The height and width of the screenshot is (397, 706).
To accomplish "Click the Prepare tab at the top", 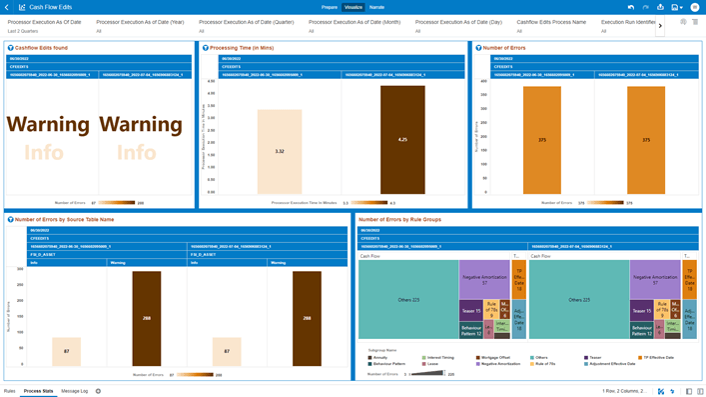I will [x=330, y=7].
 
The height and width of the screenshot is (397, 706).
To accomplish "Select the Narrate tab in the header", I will [x=376, y=7].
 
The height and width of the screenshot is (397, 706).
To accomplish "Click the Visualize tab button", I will [x=353, y=7].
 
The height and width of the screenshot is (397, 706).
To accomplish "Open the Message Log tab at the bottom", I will [x=74, y=391].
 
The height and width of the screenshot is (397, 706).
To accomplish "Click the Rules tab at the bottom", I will [x=9, y=391].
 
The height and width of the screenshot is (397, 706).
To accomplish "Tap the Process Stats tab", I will [x=38, y=391].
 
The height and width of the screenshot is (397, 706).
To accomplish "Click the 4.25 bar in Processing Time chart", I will [x=402, y=140].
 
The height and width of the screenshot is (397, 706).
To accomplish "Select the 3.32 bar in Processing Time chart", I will [x=280, y=152].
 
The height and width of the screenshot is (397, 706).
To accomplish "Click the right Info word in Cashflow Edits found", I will [x=137, y=152].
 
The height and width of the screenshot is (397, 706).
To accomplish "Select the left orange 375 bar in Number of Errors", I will [x=542, y=140].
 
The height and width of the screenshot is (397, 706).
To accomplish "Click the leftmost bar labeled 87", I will [x=67, y=351].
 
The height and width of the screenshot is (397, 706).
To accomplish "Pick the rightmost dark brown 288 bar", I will [x=307, y=318].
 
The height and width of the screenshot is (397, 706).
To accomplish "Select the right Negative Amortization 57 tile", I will [x=655, y=280].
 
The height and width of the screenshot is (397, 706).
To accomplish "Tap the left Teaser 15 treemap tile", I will [x=471, y=311].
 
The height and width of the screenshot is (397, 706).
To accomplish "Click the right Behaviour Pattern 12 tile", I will [x=642, y=329].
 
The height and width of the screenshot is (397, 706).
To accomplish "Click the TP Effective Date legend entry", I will [x=657, y=357].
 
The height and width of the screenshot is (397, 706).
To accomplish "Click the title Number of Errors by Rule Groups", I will [x=399, y=219].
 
